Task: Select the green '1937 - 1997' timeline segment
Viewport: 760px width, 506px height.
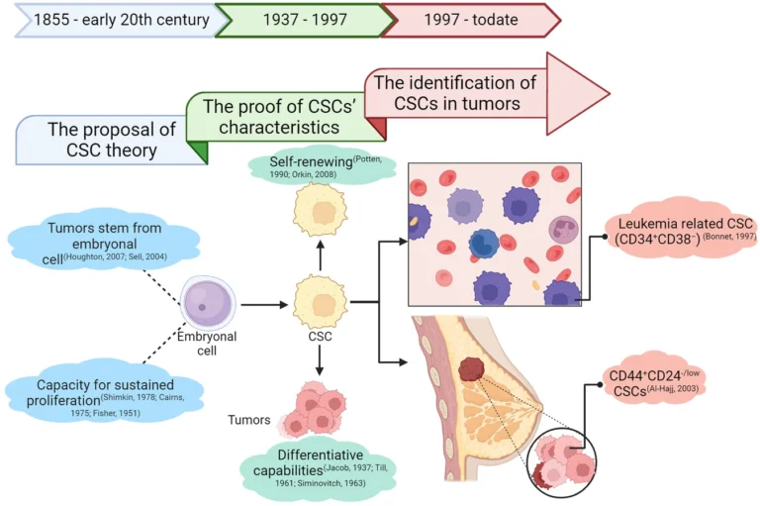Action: click(x=298, y=19)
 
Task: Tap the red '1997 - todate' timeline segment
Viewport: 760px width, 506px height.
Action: click(x=465, y=19)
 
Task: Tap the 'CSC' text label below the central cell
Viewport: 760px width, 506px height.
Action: click(x=319, y=337)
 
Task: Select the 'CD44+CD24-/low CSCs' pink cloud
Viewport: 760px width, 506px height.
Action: click(x=658, y=385)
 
